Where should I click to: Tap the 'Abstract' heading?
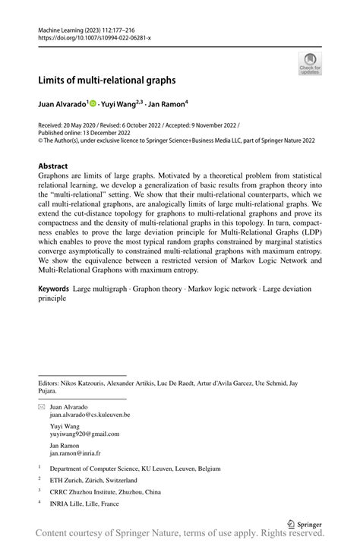click(52, 166)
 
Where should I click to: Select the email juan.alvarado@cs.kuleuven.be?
click(90, 415)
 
